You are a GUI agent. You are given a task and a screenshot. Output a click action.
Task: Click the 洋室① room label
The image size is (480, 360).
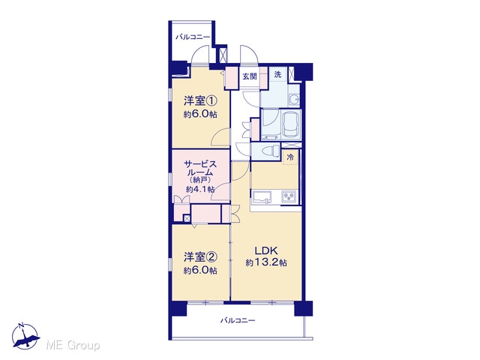(200, 100)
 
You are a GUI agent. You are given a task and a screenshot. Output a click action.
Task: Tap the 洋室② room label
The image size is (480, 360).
(200, 257)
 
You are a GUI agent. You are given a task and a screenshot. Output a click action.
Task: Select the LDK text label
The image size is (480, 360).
(266, 250)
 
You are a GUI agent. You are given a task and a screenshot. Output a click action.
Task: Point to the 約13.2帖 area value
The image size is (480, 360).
(266, 262)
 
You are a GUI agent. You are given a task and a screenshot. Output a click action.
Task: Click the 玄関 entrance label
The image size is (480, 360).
(250, 76)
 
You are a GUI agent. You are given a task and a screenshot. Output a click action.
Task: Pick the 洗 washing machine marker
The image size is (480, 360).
(277, 74)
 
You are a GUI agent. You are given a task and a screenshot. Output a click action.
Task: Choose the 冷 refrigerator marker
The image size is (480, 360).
(290, 157)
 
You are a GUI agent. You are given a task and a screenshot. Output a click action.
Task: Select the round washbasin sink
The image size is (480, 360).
(295, 100)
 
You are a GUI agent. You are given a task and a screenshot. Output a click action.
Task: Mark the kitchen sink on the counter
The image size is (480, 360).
(261, 196)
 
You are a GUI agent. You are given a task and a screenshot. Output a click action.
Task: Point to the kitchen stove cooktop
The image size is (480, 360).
(289, 196)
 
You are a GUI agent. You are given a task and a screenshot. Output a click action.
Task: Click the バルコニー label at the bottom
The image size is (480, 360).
(238, 320)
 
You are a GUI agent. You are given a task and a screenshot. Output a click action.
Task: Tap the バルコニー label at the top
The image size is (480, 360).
(193, 37)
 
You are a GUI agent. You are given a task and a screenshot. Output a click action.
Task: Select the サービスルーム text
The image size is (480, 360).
(200, 168)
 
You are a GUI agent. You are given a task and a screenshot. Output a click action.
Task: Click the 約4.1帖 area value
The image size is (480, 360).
(200, 189)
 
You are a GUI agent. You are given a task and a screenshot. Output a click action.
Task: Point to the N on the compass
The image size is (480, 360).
(21, 325)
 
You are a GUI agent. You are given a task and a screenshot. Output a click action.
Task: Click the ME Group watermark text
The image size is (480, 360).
(73, 346)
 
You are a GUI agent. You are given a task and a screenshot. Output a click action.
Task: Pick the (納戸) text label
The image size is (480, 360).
(200, 180)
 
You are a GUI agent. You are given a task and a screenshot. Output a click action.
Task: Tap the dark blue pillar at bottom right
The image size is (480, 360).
(303, 308)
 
